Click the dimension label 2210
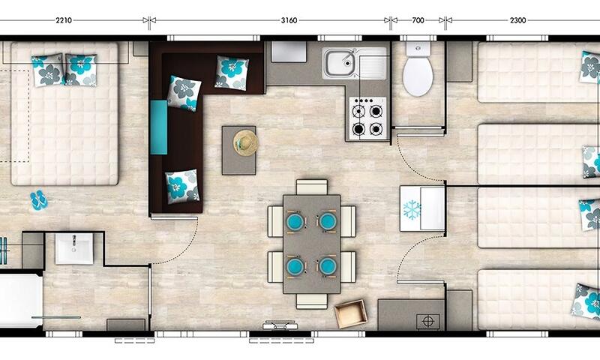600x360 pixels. [x=64, y=20]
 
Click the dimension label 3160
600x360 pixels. [x=289, y=20]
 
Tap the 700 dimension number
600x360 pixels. [x=418, y=20]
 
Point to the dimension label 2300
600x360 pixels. [x=517, y=20]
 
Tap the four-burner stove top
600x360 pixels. [x=367, y=118]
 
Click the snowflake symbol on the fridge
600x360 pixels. [x=412, y=210]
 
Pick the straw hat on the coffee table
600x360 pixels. [x=246, y=142]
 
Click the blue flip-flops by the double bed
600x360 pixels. [x=39, y=200]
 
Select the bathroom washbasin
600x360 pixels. [x=74, y=249]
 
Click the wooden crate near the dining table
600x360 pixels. [x=350, y=313]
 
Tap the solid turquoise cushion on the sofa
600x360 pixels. [x=159, y=127]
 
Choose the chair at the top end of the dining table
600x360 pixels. [x=312, y=187]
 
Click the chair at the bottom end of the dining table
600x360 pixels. [x=312, y=301]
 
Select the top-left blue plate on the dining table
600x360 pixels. [x=295, y=221]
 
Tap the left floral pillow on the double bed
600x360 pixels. [x=48, y=70]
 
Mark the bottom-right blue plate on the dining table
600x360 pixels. [x=328, y=266]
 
